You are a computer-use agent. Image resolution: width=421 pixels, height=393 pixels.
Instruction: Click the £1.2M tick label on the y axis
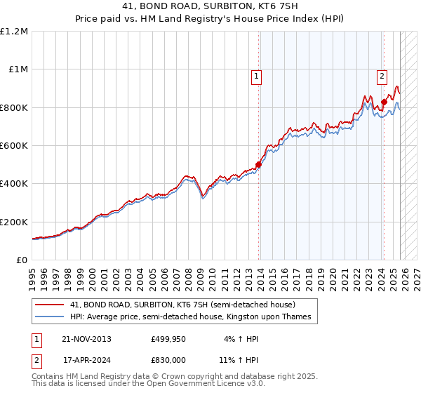tap(14, 32)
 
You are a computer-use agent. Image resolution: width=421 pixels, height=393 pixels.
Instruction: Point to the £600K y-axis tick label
tap(14, 146)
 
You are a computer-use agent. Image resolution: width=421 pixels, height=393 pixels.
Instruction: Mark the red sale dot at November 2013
tap(258, 165)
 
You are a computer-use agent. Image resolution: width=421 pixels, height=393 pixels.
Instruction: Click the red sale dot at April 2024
tap(384, 102)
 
